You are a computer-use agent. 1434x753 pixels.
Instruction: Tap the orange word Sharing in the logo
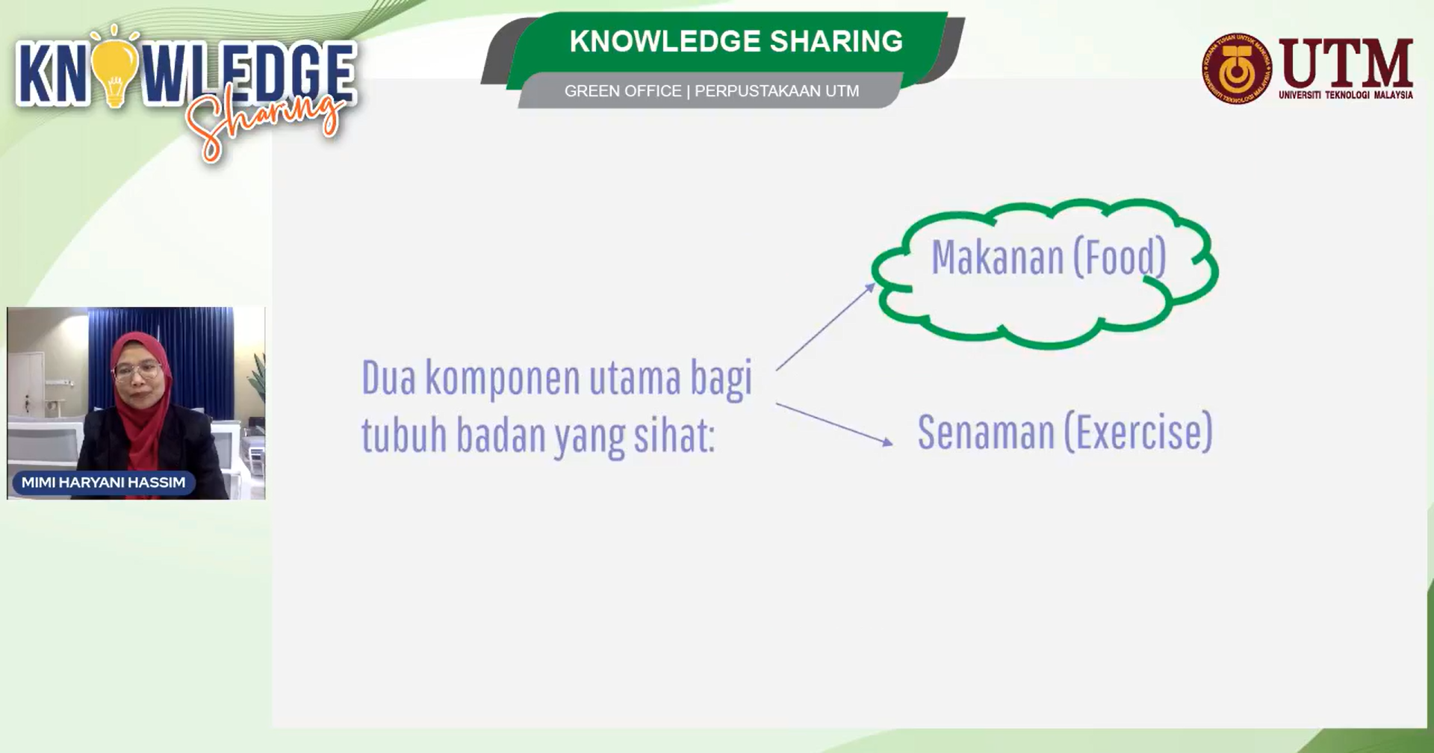(265, 124)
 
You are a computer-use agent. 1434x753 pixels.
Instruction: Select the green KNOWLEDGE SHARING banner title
(736, 41)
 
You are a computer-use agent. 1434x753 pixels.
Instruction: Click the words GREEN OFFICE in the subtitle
(623, 91)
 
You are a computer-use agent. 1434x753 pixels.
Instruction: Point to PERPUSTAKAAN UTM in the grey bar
(777, 91)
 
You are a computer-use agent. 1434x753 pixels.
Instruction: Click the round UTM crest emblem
(1236, 68)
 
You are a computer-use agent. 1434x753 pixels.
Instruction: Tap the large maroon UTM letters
(1346, 63)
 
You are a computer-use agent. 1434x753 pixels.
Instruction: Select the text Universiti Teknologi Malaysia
(1346, 95)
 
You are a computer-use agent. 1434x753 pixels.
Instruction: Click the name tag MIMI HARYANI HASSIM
(103, 483)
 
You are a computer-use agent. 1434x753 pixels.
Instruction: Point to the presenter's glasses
(139, 370)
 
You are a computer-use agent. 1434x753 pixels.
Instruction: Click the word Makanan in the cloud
(997, 258)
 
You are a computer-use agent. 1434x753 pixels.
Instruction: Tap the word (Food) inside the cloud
(1120, 258)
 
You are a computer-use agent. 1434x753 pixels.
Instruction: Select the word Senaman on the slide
(985, 433)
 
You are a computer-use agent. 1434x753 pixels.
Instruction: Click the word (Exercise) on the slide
(1138, 433)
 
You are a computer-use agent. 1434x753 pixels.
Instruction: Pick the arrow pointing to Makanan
(825, 326)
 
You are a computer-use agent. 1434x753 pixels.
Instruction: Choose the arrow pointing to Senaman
(834, 424)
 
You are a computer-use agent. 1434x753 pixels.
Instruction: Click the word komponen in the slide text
(502, 379)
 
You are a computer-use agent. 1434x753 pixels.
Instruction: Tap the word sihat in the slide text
(674, 436)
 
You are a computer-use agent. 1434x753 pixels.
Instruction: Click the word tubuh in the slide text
(404, 435)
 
